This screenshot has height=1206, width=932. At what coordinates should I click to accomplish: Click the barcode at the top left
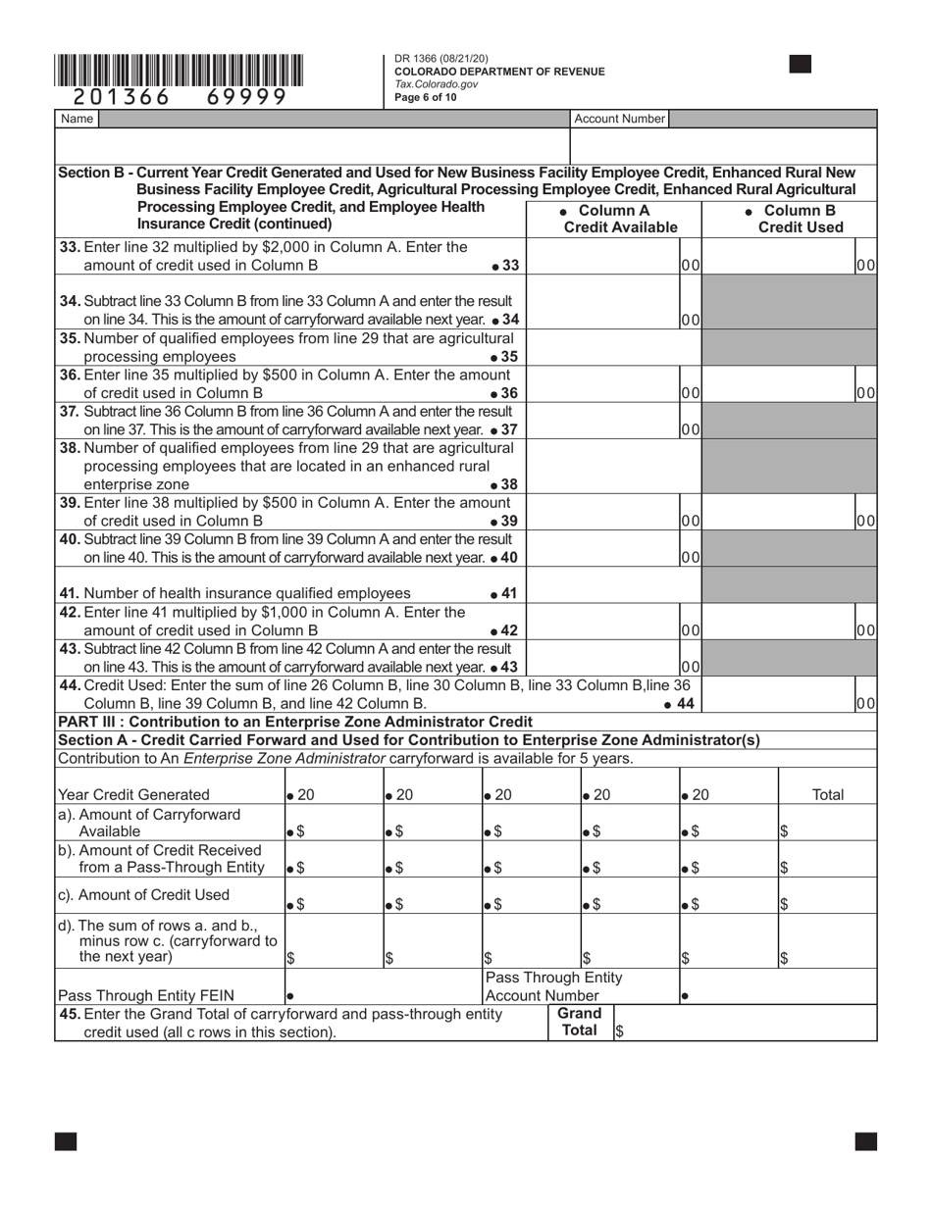click(x=179, y=71)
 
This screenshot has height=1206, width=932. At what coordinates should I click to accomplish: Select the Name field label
click(x=77, y=119)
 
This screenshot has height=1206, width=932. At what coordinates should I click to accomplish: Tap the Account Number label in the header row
click(x=619, y=119)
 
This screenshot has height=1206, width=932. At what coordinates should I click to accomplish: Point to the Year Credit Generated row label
click(x=134, y=794)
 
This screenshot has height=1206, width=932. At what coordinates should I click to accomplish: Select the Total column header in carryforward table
click(x=828, y=794)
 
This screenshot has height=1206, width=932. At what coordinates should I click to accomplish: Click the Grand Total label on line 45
click(x=579, y=1023)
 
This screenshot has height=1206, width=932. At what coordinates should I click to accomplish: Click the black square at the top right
click(x=801, y=65)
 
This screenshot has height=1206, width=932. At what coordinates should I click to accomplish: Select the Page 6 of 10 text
click(x=426, y=97)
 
